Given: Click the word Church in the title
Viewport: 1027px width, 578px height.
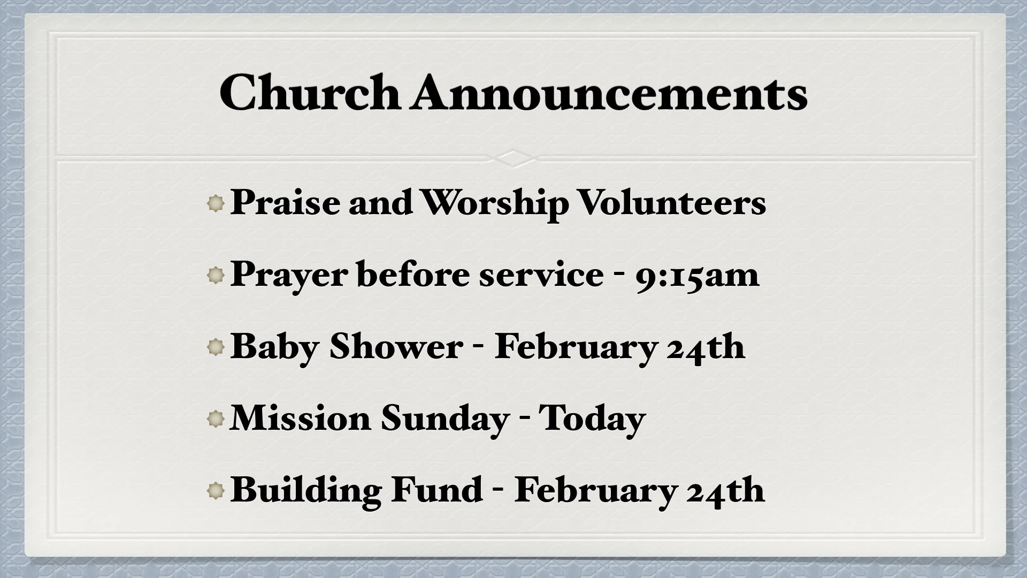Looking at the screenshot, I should coord(309,93).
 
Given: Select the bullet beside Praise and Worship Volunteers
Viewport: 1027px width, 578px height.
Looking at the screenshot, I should coord(216,204).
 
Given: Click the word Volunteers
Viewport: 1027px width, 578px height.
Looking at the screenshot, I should coord(672,203).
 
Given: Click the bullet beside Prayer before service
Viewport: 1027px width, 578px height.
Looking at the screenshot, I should coord(216,276).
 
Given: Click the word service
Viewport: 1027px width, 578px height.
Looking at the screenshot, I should coord(541,275).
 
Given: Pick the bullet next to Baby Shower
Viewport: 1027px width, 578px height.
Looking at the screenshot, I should coord(216,348).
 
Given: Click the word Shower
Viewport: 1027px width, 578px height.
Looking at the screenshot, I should coord(396,347).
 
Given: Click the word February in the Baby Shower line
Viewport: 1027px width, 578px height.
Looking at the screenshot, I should coord(576,348).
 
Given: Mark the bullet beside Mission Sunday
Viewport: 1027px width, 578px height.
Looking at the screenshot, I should coord(216,419).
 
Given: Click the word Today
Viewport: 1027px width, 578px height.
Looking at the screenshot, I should coord(592,419).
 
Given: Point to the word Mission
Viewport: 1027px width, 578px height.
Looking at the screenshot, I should coord(300,418).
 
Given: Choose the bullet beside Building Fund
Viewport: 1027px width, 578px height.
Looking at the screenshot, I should coord(216,491).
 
